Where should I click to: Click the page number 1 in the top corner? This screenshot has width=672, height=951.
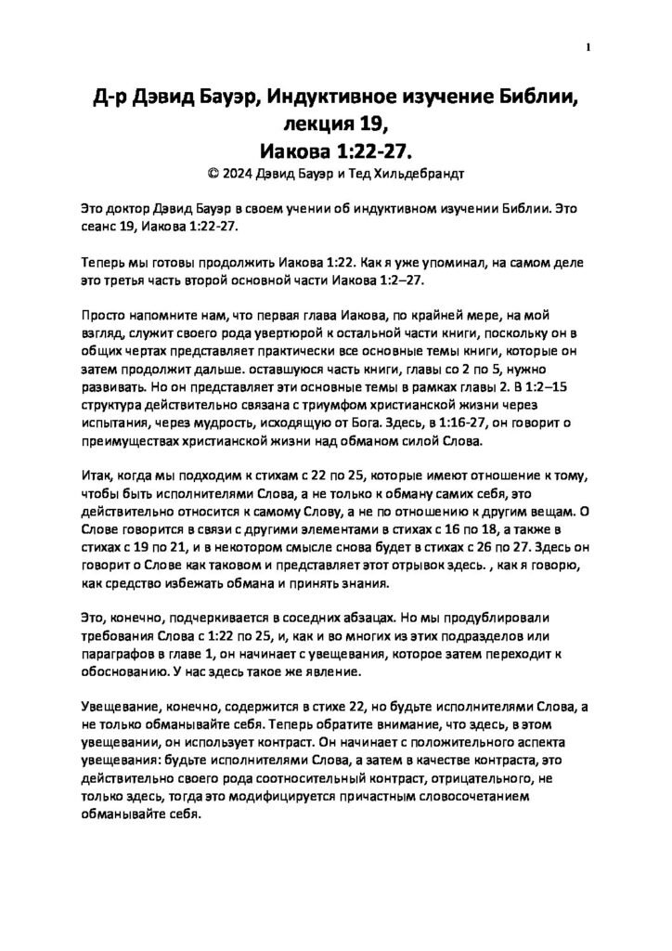tap(588, 47)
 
